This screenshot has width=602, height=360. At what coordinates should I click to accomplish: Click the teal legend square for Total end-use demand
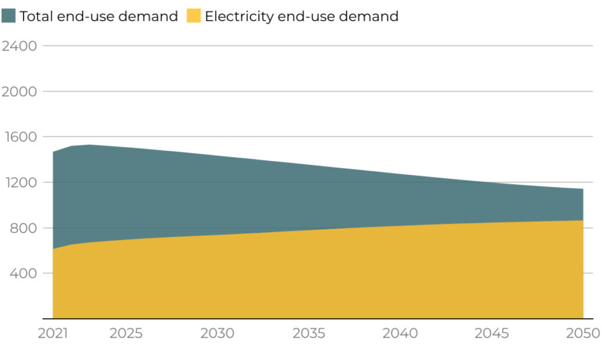point(9,16)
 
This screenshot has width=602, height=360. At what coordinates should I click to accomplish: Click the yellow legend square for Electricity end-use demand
point(193,16)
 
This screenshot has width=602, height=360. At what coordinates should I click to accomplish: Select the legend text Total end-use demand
point(98,16)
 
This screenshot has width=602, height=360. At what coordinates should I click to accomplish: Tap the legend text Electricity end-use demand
point(301,16)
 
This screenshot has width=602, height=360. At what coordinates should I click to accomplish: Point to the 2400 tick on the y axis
point(19,46)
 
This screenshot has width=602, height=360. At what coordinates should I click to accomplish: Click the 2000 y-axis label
point(19,91)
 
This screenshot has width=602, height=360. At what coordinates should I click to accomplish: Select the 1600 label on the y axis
point(19,136)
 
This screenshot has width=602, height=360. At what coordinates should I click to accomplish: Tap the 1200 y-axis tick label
point(19,182)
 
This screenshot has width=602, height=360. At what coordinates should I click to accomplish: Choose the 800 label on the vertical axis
point(23,228)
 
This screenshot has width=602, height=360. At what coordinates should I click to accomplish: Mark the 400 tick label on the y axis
point(23,274)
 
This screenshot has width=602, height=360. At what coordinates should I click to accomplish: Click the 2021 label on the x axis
point(53,334)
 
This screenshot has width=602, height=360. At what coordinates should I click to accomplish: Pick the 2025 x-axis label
point(126,334)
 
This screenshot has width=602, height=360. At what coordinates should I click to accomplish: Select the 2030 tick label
point(218,334)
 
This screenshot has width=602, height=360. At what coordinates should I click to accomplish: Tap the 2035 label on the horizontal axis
point(309,334)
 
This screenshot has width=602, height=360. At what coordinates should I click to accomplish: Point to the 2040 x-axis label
point(400,334)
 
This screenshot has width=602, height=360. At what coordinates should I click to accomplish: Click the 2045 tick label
point(491,334)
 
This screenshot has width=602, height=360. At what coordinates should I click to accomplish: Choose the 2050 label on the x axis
point(583,334)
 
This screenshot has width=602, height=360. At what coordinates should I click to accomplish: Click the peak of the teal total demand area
point(89,145)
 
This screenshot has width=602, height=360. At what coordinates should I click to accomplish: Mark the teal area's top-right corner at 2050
point(583,189)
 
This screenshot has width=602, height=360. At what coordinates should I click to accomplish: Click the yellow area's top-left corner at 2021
point(53,249)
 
